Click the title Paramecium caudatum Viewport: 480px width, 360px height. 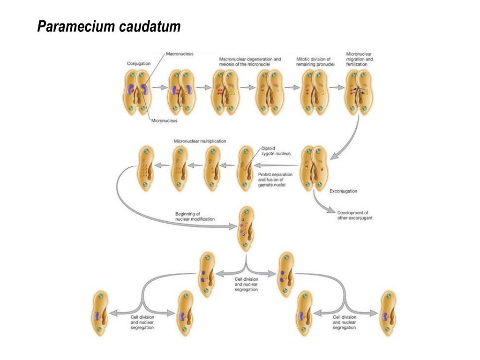[109, 27]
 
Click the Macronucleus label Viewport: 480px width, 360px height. [180, 54]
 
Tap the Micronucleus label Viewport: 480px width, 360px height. [164, 121]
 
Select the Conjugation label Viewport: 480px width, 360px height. [139, 63]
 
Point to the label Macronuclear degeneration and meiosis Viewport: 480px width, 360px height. [250, 62]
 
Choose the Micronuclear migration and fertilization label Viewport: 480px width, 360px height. [359, 59]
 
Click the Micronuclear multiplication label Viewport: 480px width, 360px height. [200, 141]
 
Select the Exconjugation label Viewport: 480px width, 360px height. [344, 191]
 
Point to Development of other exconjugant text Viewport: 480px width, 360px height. [355, 215]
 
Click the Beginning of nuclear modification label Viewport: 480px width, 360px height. [195, 217]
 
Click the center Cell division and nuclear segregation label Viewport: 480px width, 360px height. [246, 284]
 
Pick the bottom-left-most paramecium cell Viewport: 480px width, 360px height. [99, 313]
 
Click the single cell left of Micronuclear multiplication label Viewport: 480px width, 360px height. [145, 168]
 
